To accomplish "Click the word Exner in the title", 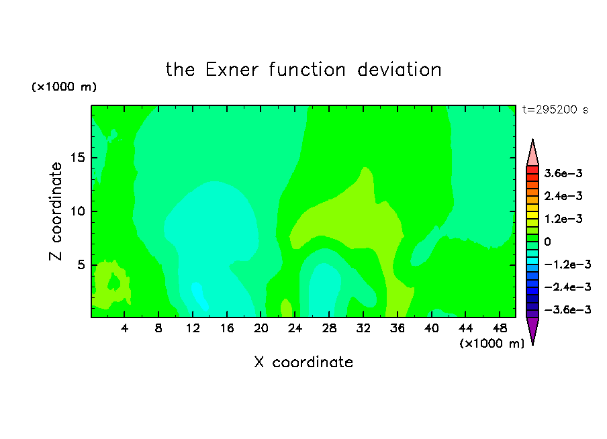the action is point(232,70).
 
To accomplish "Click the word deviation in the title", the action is point(399,70).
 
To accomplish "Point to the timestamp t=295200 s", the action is point(555,110).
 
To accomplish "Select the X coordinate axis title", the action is point(303,362).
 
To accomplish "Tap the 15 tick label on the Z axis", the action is point(77,158).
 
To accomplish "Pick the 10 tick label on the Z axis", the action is point(77,211).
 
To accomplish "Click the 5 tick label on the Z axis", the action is point(81,264).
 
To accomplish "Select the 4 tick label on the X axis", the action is point(124,328).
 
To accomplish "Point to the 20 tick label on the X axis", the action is point(261,328).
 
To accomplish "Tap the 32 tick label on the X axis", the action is point(363,328).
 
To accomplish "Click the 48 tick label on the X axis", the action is point(500,328).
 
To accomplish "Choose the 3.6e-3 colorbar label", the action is point(563,173).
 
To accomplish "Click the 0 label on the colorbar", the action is point(547,242).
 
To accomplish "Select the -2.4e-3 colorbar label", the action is point(567,287).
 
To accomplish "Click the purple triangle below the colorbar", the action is point(532,329).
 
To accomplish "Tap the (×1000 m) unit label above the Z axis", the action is point(64,87).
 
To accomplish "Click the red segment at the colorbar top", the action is point(532,170).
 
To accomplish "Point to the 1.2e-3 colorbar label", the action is point(563,219).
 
